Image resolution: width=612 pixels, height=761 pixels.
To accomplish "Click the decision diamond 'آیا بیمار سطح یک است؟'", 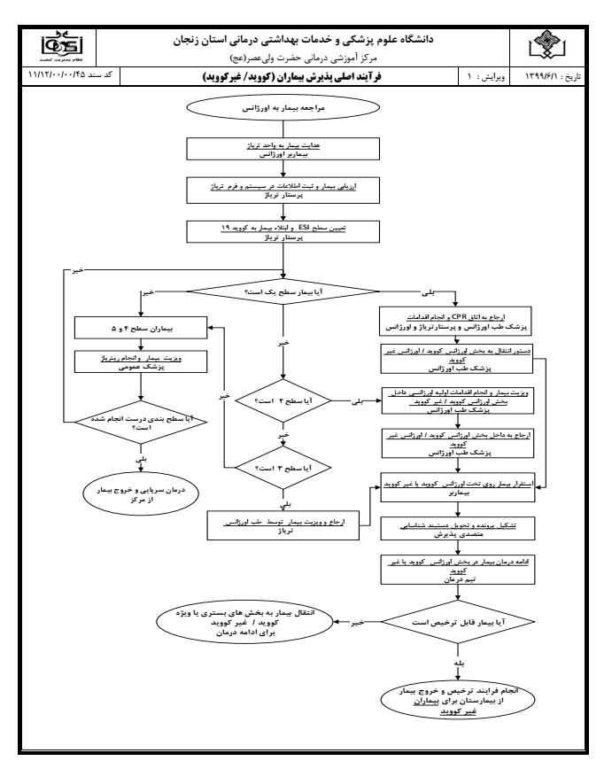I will pos(283,291).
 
